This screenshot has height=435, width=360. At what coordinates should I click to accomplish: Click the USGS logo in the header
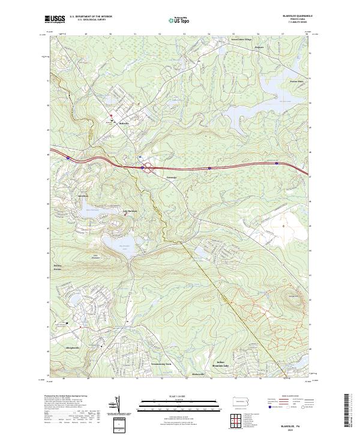click(55, 19)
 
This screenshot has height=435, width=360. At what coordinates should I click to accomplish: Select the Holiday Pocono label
click(58, 267)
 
